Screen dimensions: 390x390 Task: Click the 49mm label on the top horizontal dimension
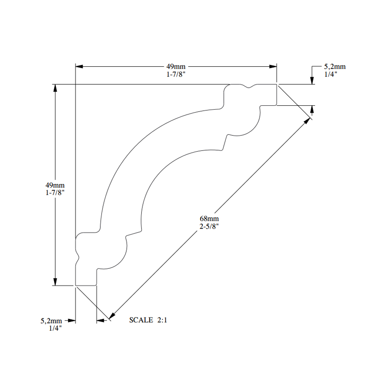point(176,67)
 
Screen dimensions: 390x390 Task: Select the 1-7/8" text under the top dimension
point(176,74)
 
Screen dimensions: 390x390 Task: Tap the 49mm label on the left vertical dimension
point(55,185)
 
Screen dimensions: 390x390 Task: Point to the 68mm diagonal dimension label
point(209,219)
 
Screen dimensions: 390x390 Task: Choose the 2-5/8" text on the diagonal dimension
point(209,226)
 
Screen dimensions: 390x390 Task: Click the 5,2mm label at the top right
point(335,67)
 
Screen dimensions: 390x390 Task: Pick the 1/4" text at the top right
point(331,74)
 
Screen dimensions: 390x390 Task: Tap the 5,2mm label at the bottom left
point(51,321)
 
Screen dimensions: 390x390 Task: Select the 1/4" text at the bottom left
point(55,328)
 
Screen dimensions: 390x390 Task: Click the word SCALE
point(141,320)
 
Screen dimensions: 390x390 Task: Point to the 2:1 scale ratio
point(162,320)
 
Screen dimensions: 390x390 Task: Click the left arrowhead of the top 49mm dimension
point(79,66)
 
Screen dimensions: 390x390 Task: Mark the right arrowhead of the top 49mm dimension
point(273,66)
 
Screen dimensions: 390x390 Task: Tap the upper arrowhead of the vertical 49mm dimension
point(55,88)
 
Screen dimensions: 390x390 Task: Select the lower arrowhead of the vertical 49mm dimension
point(55,282)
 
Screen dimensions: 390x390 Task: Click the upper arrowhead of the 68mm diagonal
point(307,121)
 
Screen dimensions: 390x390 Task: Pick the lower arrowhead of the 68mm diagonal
point(112,316)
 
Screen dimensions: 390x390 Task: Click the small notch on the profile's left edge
point(77,257)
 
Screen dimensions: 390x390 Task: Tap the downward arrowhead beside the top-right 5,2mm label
point(312,81)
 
